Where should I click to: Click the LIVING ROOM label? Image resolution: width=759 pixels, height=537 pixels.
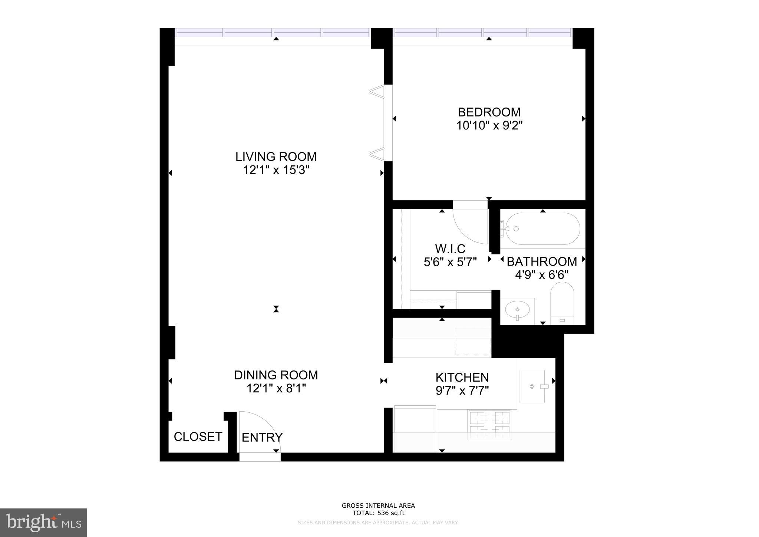[276, 157]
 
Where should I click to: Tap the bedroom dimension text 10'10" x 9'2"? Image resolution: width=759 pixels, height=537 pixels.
[489, 126]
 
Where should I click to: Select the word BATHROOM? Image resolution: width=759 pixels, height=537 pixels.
[542, 261]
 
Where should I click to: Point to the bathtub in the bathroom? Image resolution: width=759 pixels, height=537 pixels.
[542, 228]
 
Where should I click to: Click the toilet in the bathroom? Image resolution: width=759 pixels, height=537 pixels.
[562, 303]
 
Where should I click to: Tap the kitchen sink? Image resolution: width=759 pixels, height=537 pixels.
[532, 386]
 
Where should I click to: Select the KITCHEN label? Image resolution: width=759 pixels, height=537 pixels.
[462, 377]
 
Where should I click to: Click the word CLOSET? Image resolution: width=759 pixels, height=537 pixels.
[198, 437]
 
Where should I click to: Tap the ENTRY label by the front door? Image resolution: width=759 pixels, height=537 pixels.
[262, 438]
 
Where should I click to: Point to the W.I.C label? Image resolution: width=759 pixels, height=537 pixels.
[450, 248]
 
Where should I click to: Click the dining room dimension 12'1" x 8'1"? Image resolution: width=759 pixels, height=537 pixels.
[276, 388]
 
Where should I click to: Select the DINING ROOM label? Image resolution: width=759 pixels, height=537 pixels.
[276, 375]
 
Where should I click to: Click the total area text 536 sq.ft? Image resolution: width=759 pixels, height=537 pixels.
[391, 513]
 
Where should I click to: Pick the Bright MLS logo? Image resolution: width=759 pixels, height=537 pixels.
[43, 523]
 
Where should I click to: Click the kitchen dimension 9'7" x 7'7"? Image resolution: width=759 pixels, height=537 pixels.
[462, 391]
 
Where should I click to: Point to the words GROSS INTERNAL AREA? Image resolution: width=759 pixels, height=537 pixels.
[378, 505]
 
